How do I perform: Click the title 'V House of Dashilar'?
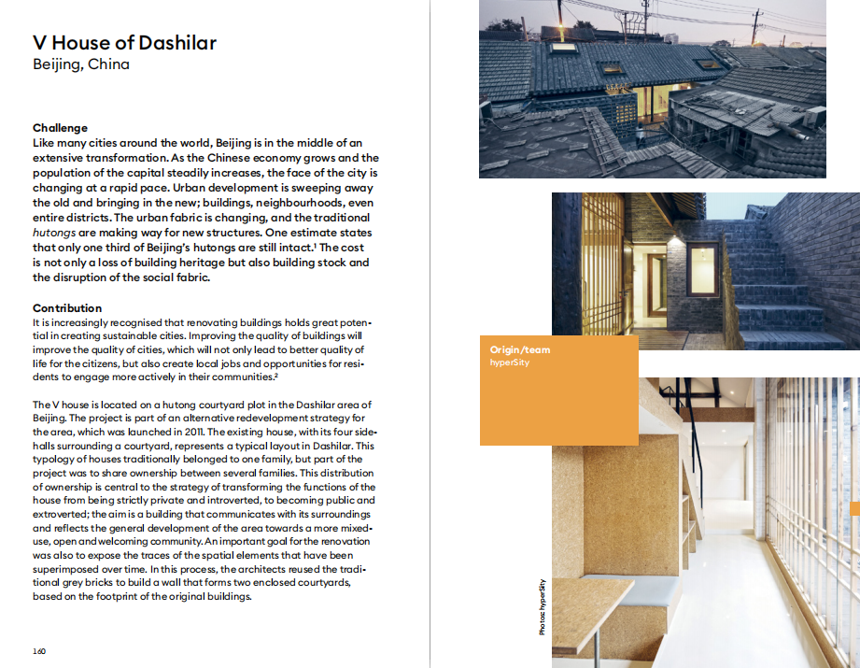point(124,42)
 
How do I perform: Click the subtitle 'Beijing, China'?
point(80,64)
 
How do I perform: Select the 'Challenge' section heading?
point(60,128)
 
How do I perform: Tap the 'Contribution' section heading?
point(67,308)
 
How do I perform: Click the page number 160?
point(39,651)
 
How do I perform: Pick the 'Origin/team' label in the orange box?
point(520,350)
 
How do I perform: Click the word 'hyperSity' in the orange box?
point(510,362)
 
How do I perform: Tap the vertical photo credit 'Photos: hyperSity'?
point(543,607)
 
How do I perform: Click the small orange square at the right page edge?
point(854,507)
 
